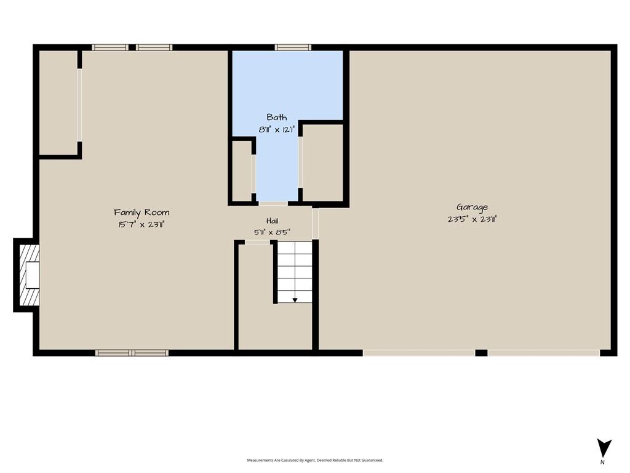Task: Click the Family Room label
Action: [x=142, y=212]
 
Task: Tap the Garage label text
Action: [x=472, y=207]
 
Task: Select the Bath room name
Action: [x=277, y=117]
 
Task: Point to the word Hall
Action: [x=273, y=220]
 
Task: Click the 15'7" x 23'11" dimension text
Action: [x=142, y=224]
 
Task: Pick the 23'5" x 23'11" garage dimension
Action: [x=472, y=219]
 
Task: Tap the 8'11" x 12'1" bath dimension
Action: [x=277, y=129]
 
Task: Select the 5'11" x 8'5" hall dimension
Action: [x=273, y=232]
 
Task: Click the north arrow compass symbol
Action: [x=604, y=448]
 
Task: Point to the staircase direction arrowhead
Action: [x=295, y=300]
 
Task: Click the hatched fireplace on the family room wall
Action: [x=30, y=275]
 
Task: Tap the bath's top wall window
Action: [x=293, y=47]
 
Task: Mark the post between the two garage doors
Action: [x=481, y=353]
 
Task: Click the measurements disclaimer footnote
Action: [x=315, y=460]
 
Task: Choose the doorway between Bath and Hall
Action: [x=273, y=203]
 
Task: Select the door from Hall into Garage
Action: [x=316, y=224]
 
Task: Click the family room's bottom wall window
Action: [x=132, y=353]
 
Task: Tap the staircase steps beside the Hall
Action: [x=295, y=272]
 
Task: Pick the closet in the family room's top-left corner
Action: [x=58, y=103]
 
